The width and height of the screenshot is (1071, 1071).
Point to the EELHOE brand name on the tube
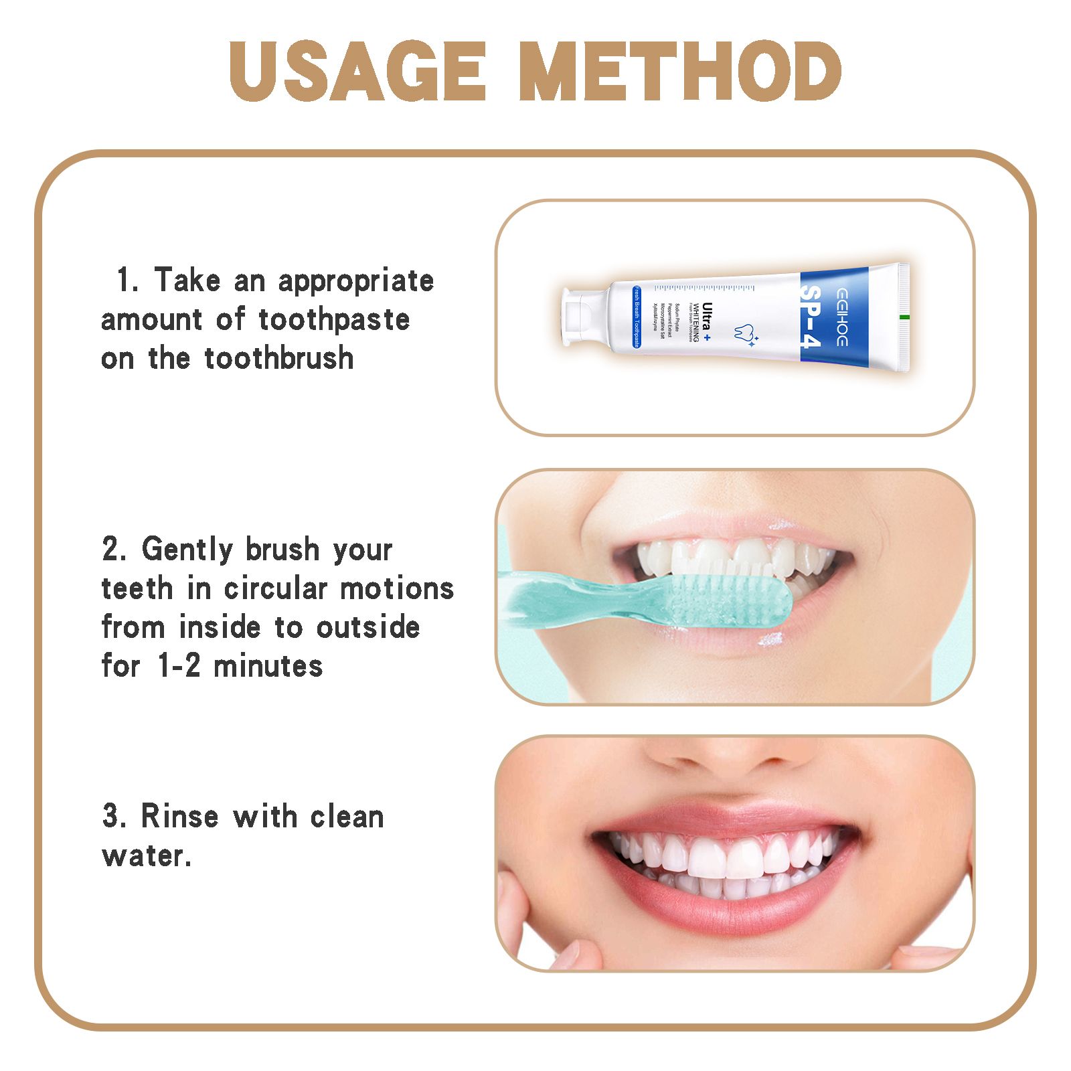tap(841, 317)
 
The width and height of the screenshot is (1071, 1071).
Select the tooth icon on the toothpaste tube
tap(741, 333)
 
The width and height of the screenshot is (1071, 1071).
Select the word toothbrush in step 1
tap(278, 359)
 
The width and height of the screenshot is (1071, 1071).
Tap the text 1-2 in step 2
tap(179, 666)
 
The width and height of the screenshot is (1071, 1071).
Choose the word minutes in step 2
tap(268, 666)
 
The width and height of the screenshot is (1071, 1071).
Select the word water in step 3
tap(143, 856)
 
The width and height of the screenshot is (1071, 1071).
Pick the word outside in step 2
tap(367, 628)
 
